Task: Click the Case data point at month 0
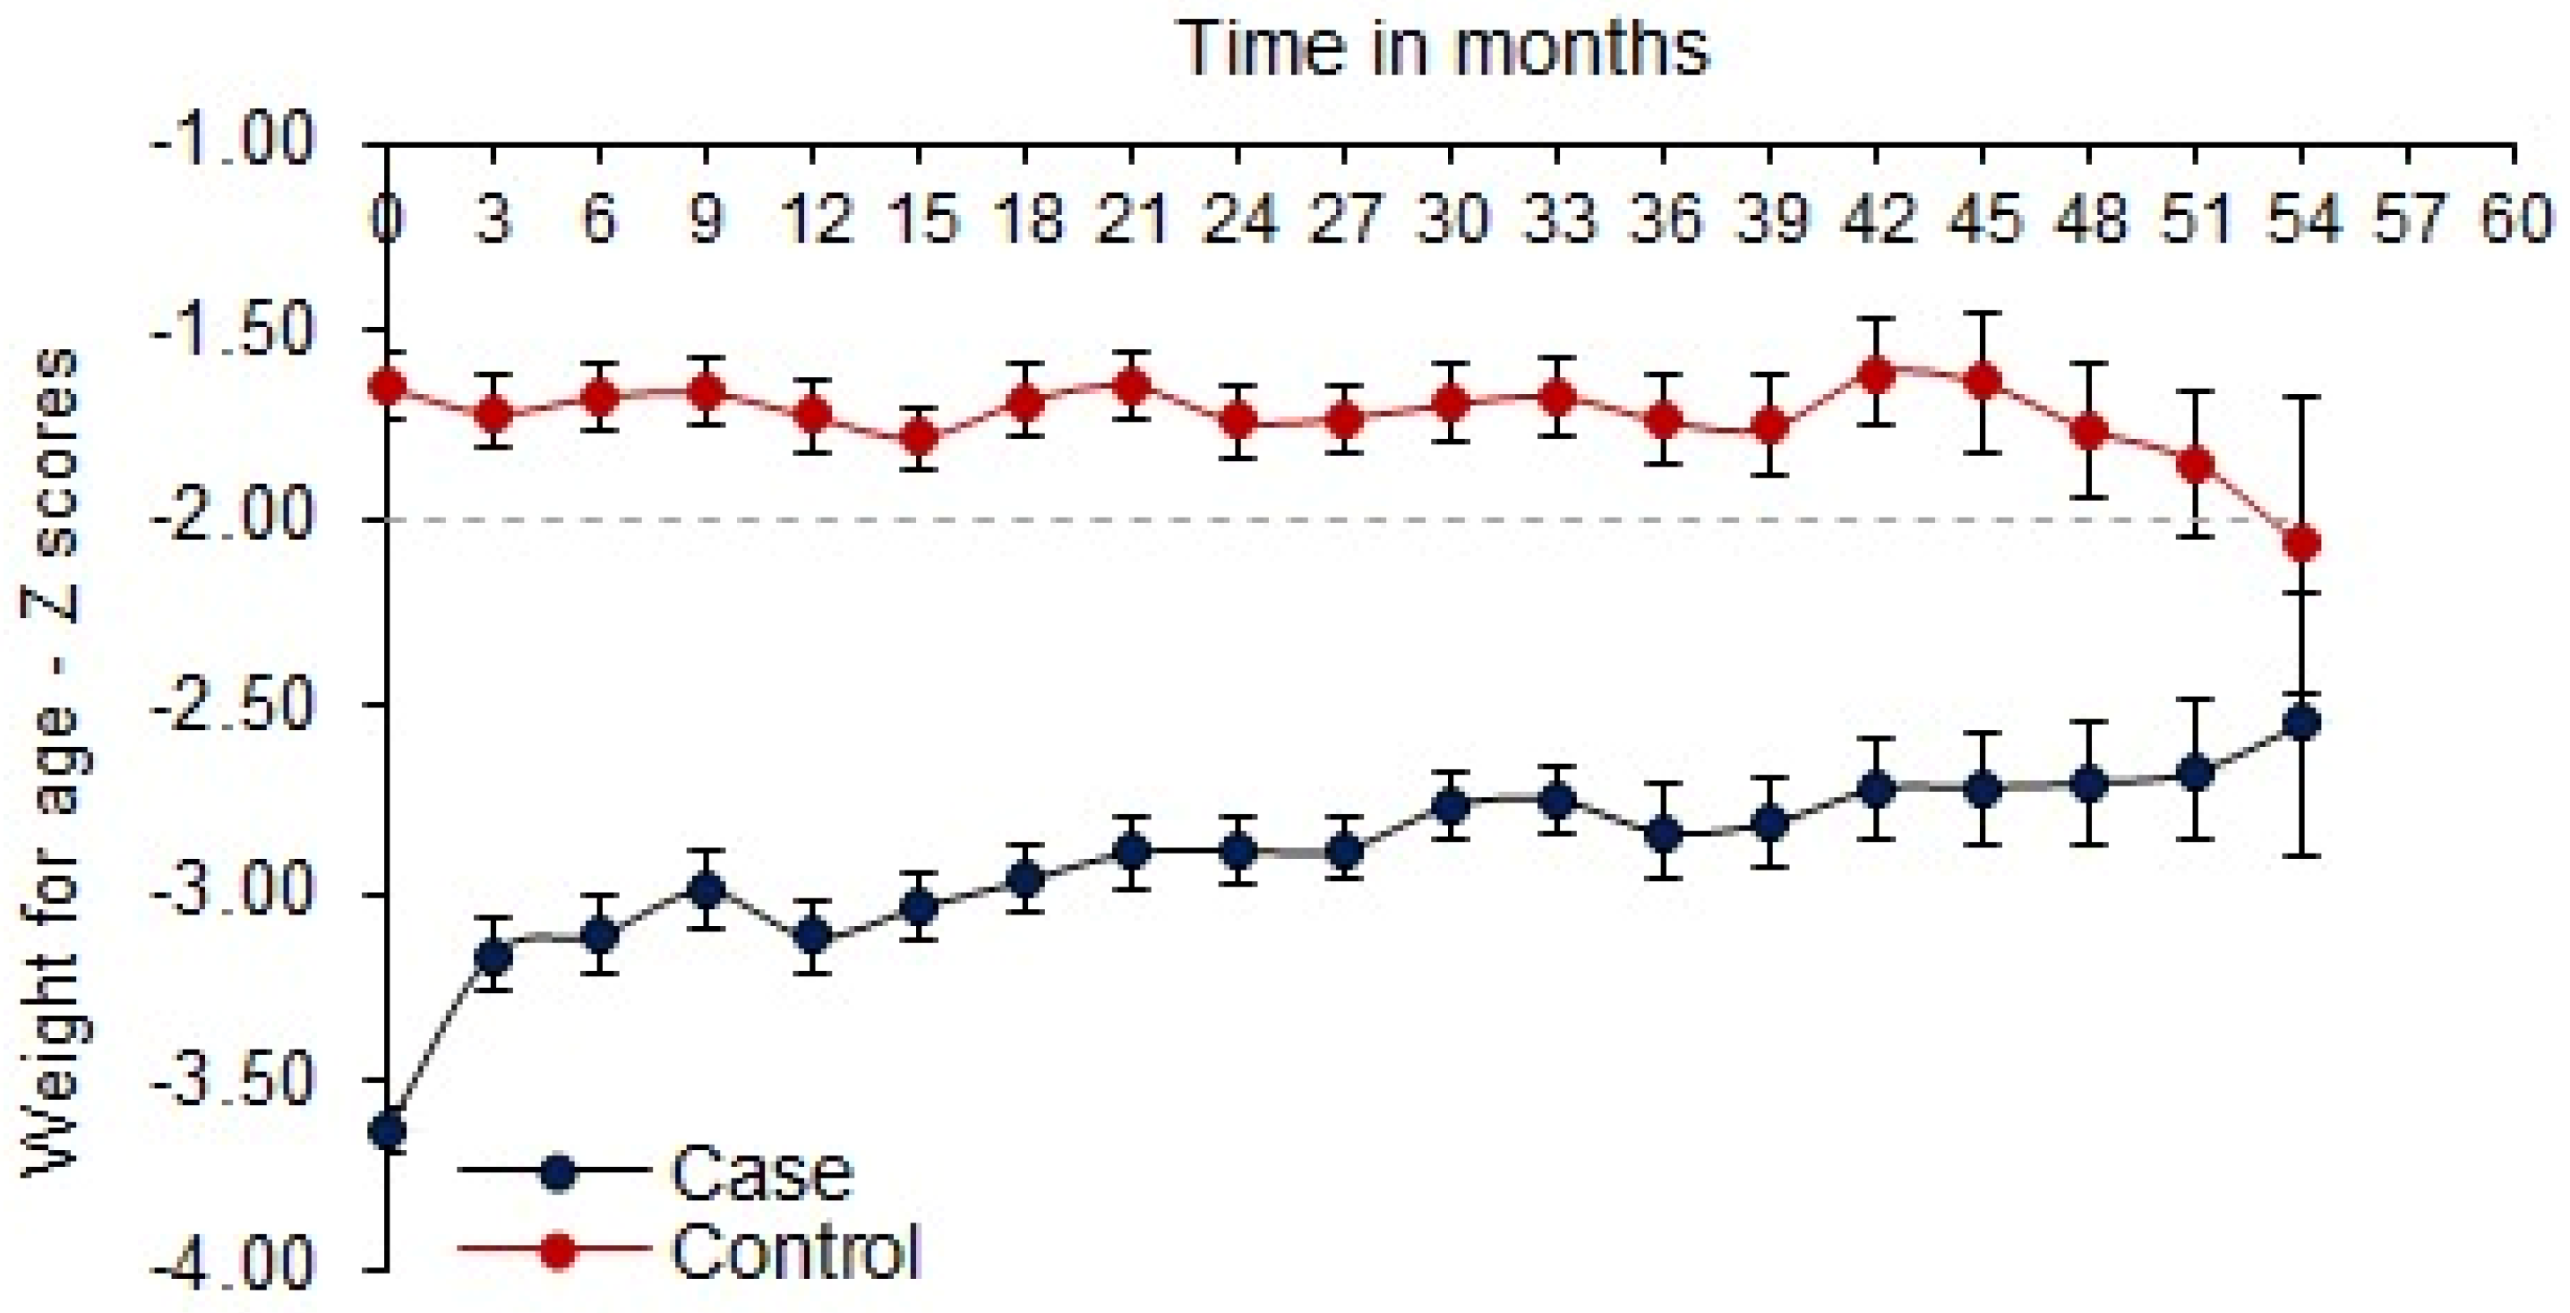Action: tap(387, 1130)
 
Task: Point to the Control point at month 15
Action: tap(919, 437)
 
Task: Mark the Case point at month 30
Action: tap(1450, 804)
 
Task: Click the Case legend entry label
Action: tap(762, 1174)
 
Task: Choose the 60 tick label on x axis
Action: tap(2516, 219)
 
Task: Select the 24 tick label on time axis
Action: tap(1238, 219)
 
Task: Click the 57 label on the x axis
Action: tap(2410, 219)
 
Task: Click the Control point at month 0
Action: tap(387, 385)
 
